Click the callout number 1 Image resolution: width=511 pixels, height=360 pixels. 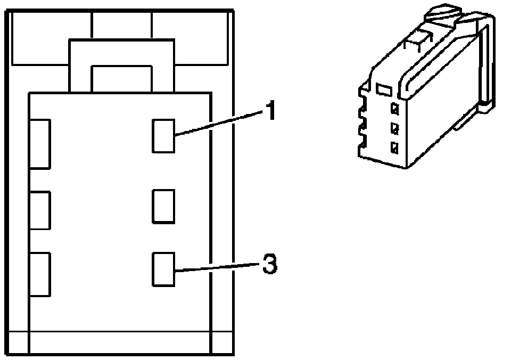point(270,111)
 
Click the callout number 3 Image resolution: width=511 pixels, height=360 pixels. point(270,265)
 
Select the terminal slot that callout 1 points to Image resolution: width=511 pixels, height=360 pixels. point(163,135)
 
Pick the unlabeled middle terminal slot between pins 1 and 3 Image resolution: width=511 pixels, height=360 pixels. point(163,206)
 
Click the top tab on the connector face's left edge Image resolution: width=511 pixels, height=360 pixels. point(40,144)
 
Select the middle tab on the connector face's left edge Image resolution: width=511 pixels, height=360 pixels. point(40,210)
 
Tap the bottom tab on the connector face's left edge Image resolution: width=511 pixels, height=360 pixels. point(40,274)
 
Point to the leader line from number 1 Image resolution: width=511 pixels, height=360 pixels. point(218,123)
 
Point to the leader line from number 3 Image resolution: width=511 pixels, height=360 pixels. point(218,267)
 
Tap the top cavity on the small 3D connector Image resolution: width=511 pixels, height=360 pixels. point(394,109)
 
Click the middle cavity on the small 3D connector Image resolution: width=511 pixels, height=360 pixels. point(394,128)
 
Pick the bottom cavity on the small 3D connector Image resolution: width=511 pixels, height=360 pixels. point(394,148)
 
